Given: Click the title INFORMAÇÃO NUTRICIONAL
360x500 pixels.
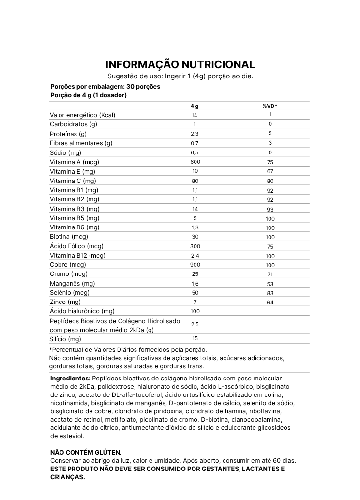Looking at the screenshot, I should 180,65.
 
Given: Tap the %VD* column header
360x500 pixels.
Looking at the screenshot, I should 270,106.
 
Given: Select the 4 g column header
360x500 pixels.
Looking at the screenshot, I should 195,106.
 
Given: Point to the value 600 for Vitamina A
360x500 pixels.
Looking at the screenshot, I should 195,162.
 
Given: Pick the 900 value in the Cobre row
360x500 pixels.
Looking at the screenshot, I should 195,265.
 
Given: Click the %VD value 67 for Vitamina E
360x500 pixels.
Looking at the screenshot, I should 270,171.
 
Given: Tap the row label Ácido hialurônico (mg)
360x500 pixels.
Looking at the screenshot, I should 82,311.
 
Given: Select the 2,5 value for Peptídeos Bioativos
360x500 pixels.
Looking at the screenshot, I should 195,324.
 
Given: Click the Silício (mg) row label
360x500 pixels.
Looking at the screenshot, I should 65,339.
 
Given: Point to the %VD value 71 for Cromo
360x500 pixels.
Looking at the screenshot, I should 270,274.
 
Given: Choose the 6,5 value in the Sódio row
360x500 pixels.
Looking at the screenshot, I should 195,152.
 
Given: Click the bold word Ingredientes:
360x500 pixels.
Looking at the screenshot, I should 70,378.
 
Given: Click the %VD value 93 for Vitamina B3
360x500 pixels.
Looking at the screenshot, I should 270,209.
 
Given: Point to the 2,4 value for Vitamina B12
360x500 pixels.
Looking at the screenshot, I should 195,256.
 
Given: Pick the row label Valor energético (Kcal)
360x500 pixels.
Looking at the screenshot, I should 83,115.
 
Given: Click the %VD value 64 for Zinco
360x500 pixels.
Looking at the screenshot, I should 270,303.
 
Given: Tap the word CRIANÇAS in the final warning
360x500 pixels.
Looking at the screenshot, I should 68,477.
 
